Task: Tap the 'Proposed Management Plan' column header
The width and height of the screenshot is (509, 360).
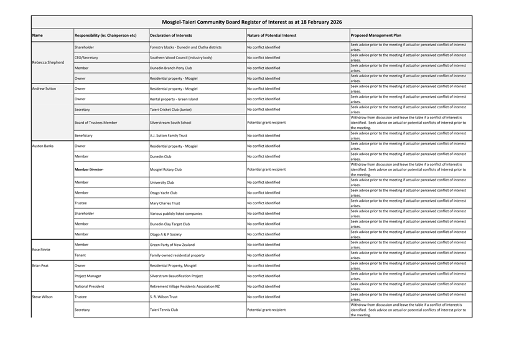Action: [x=376, y=36]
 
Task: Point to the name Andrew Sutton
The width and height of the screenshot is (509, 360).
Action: [x=44, y=88]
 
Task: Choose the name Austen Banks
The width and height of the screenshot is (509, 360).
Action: [x=43, y=146]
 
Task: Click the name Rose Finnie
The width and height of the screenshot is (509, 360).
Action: [x=42, y=250]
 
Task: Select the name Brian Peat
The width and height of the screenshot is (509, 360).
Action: [x=40, y=265]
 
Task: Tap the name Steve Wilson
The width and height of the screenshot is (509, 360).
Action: [x=42, y=296]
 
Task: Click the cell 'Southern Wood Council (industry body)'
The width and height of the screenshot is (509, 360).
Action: [x=181, y=57]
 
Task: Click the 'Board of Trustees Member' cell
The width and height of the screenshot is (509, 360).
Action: [x=96, y=123]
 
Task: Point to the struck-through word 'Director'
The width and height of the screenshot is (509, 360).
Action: [x=96, y=169]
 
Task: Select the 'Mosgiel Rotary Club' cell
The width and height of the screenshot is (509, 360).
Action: [x=166, y=169]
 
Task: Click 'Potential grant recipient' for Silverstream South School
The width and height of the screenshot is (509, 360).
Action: [x=266, y=123]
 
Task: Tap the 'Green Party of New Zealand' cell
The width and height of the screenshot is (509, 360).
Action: [x=172, y=245]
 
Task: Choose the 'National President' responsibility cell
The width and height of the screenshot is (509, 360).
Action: [x=90, y=287]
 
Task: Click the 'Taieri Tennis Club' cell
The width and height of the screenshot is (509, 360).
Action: [x=164, y=310]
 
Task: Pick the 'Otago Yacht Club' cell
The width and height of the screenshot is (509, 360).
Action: [x=163, y=192]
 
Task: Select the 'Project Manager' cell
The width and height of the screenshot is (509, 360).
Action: [x=88, y=276]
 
